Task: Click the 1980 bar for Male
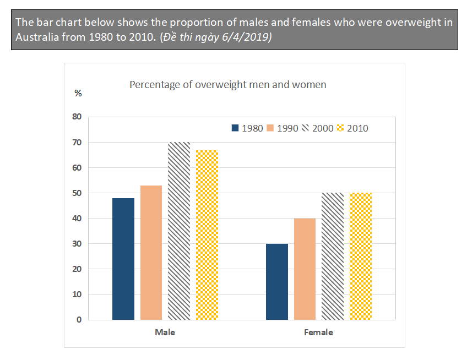click(123, 259)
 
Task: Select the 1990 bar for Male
click(151, 253)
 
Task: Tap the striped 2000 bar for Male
click(179, 231)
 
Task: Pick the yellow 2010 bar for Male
click(207, 234)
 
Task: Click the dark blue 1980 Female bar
click(276, 281)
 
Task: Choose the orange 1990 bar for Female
click(305, 269)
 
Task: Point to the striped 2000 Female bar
click(333, 256)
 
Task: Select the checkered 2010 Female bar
click(361, 256)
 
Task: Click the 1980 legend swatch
click(235, 128)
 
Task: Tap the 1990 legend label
click(287, 128)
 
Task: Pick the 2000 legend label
click(323, 128)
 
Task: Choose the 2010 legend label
click(357, 128)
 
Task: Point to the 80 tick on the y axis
click(76, 117)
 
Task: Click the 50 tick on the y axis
click(76, 193)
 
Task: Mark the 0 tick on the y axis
click(79, 320)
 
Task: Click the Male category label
click(165, 332)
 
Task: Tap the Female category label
click(318, 332)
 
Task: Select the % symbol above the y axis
click(78, 93)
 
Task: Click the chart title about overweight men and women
click(227, 85)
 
